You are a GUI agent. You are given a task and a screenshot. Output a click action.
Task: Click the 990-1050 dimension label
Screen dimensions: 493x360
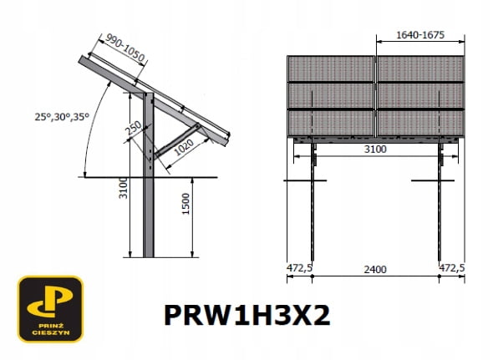(125, 48)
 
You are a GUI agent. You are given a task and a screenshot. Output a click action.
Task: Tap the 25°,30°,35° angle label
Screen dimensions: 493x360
(62, 117)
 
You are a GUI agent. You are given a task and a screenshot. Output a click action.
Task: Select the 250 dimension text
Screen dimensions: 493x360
(134, 128)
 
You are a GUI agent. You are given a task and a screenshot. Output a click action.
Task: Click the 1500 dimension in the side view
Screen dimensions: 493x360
(186, 204)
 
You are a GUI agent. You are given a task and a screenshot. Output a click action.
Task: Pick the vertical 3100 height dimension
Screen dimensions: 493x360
(123, 188)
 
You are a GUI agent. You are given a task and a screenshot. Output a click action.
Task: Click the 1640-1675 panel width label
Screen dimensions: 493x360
(420, 35)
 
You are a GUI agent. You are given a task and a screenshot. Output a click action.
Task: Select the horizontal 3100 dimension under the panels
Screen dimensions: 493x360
(375, 149)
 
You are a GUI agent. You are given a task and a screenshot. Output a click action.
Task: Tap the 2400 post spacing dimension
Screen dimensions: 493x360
(375, 270)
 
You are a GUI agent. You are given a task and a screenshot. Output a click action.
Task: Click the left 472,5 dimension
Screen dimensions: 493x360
(299, 268)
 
